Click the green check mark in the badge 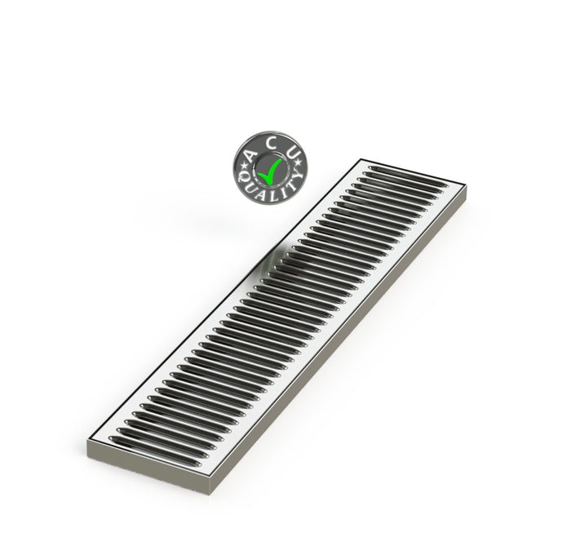[268, 171]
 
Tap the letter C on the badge [271, 143]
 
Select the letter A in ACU [250, 156]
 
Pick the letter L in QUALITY [268, 197]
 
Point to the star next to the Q [243, 167]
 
